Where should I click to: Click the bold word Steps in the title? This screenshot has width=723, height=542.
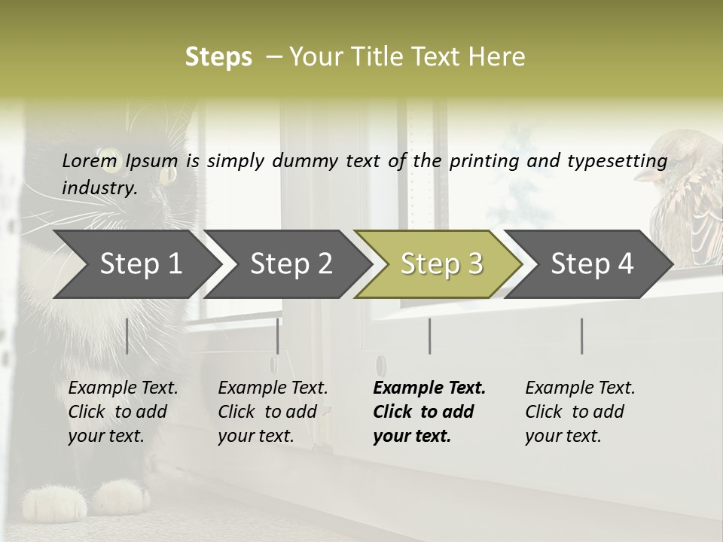tap(218, 57)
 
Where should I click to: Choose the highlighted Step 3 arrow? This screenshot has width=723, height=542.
tap(441, 264)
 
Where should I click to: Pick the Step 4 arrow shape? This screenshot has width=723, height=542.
tap(592, 264)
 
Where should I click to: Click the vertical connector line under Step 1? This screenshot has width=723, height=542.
tap(127, 336)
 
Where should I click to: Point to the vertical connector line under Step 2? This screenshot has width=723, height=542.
tap(278, 336)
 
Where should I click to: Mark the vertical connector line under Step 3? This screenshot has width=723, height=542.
tap(429, 336)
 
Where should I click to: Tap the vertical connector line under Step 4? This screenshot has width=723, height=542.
tap(581, 336)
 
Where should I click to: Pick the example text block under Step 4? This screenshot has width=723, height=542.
tap(580, 412)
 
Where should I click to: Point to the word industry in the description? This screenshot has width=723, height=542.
tap(99, 187)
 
